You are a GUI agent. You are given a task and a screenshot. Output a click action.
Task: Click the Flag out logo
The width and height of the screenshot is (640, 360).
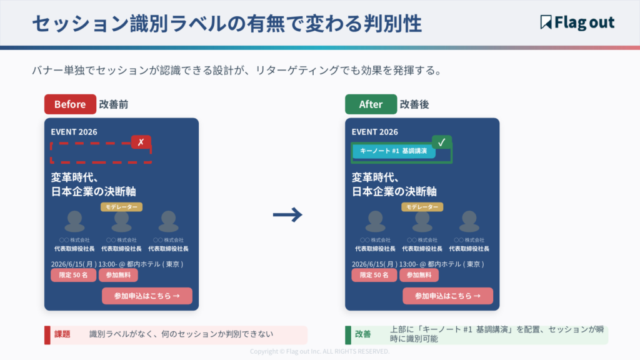(x=577, y=22)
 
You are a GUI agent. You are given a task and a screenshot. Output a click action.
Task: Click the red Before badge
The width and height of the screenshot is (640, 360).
(x=70, y=104)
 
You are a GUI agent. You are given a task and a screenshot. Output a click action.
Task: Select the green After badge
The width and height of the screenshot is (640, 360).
(x=371, y=104)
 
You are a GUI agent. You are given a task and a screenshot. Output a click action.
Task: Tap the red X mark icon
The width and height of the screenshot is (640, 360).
(x=141, y=142)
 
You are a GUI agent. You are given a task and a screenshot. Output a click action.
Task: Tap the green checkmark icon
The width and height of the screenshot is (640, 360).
(x=442, y=142)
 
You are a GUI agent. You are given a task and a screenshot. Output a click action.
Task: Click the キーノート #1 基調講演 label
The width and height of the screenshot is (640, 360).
(x=394, y=151)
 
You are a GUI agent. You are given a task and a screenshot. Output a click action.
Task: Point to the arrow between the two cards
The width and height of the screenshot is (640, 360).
(x=287, y=215)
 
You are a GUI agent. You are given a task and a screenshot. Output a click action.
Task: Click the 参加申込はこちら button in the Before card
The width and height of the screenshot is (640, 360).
(x=147, y=296)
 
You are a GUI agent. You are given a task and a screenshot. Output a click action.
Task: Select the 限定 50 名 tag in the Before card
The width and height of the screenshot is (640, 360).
(x=74, y=275)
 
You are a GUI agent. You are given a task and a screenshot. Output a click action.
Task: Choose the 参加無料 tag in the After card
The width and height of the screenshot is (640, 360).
(x=419, y=275)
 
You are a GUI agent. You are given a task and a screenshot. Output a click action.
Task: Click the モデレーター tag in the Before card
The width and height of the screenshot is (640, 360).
(x=121, y=207)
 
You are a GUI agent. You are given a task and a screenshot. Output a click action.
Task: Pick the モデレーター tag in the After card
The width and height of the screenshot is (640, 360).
(x=422, y=207)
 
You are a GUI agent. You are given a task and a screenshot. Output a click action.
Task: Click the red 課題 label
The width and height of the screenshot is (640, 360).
(x=62, y=334)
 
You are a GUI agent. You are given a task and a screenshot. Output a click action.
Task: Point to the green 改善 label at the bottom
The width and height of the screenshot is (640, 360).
(x=362, y=334)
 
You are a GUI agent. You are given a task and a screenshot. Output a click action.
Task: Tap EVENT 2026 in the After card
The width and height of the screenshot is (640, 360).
(x=375, y=132)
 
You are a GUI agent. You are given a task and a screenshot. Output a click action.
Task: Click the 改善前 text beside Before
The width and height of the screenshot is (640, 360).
(x=114, y=104)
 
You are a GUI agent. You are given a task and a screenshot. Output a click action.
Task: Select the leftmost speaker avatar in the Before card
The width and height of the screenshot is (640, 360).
(x=74, y=222)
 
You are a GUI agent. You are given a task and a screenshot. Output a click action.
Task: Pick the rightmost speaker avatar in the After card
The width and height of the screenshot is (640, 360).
(x=469, y=222)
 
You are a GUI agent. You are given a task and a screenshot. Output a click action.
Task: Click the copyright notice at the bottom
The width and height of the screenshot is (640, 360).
(x=319, y=351)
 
